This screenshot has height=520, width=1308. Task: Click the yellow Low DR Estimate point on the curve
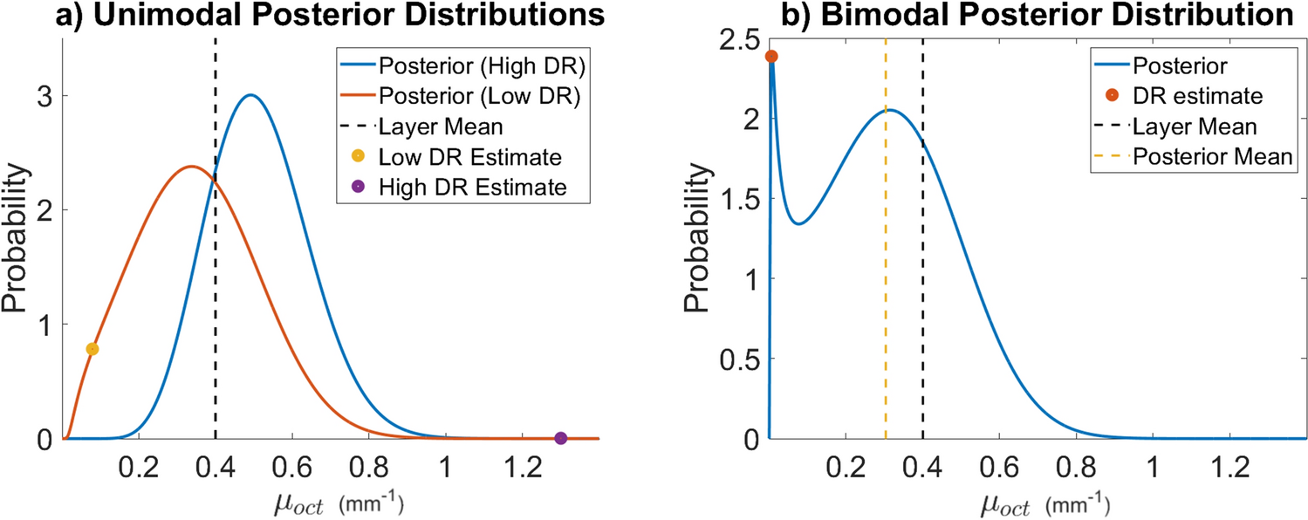pos(92,349)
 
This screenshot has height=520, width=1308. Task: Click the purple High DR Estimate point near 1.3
pos(561,438)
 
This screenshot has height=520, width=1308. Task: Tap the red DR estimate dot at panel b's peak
pos(771,57)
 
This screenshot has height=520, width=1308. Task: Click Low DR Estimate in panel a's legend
pos(470,156)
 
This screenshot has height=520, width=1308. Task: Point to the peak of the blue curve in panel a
pos(250,95)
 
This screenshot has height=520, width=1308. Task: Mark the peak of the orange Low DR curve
pos(191,166)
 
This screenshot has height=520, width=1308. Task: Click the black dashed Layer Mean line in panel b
pos(923,305)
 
